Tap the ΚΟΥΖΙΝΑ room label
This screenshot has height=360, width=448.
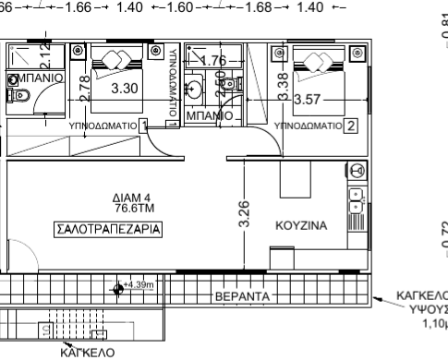302,224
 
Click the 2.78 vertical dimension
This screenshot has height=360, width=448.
86,90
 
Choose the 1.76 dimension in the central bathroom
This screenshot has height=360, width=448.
212,62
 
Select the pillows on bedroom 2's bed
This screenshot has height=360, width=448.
312,63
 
